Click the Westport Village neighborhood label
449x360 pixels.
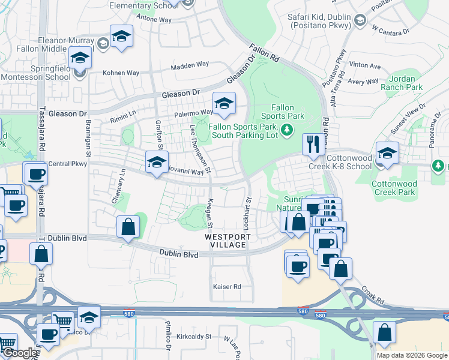[226, 241]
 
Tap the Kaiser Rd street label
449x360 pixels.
[227, 287]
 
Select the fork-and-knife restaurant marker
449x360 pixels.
[312, 144]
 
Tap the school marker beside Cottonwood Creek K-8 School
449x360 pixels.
[387, 154]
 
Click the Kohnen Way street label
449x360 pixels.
[121, 73]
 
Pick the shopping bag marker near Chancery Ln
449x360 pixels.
[128, 227]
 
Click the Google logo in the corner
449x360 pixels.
[19, 353]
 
